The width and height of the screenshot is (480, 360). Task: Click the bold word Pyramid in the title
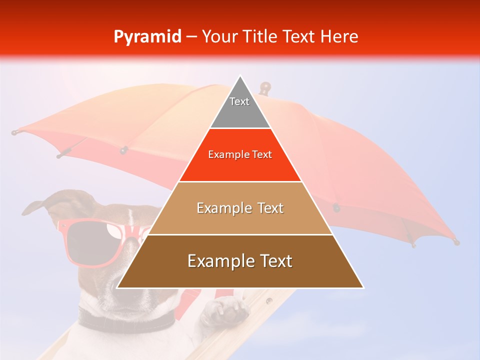point(147,37)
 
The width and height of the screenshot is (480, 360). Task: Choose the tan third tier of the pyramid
point(240,220)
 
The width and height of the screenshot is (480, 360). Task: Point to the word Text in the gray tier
point(239,101)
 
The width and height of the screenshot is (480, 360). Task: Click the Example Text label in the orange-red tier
point(240,154)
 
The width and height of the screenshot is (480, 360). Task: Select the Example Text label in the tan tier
point(240,208)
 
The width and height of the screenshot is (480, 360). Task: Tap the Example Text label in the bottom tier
point(240,261)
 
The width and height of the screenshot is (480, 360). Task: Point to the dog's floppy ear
point(37,205)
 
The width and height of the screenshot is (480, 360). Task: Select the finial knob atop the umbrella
point(265,87)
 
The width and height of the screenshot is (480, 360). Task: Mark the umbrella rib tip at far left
point(15,132)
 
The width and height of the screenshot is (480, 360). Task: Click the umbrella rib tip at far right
point(455,242)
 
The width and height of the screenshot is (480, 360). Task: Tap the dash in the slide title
point(191,37)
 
